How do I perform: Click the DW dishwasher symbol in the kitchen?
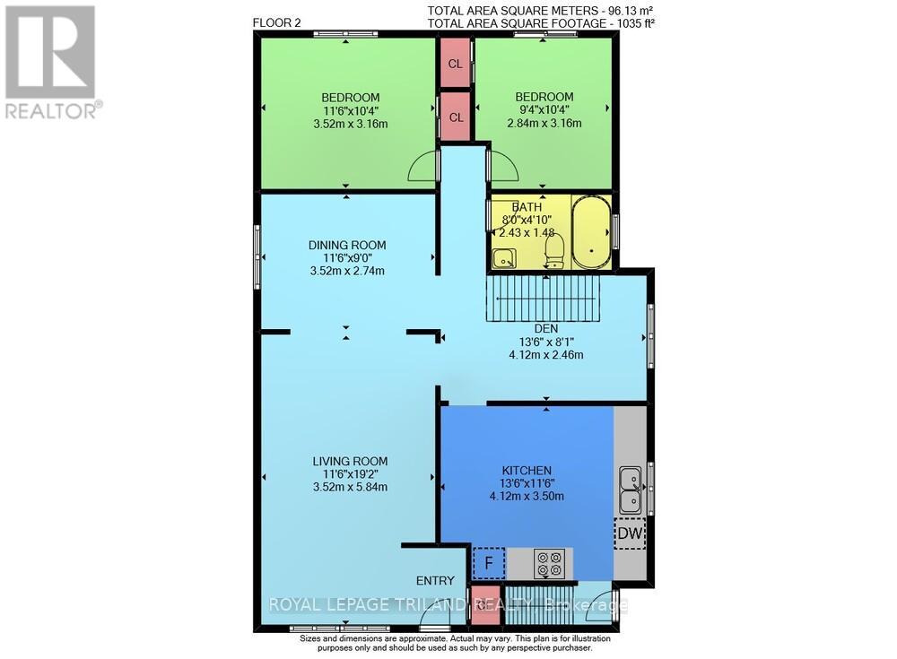(x=630, y=533)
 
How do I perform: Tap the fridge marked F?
(x=488, y=564)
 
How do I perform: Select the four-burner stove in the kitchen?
(x=548, y=564)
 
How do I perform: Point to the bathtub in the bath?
(x=591, y=232)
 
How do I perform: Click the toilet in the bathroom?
(x=553, y=249)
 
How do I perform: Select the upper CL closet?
(x=456, y=64)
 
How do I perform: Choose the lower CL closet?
(x=456, y=117)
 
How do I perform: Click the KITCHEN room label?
(x=527, y=470)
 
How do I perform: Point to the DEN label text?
(x=545, y=327)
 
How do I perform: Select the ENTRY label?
(x=435, y=580)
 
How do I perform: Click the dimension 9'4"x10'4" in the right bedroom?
(x=544, y=110)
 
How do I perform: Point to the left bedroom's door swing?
(x=423, y=168)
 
